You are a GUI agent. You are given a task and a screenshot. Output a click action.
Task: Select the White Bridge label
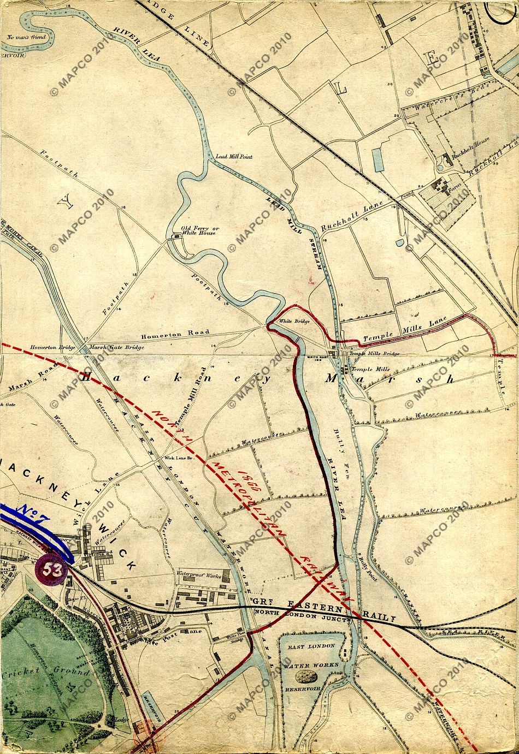point(294,321)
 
